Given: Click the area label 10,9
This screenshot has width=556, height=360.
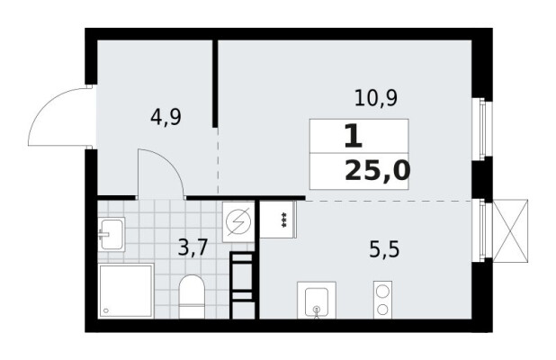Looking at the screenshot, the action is pos(376,98).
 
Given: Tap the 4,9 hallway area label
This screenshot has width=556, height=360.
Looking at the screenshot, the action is pos(166,117).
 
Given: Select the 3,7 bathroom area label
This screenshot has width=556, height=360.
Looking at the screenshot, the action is pos(193,247).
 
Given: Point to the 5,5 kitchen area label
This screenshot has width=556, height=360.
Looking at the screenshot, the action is pos(384,249).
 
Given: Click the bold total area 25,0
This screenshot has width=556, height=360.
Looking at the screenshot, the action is pos(378,171).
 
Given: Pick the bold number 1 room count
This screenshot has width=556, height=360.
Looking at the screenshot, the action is pos(354,137).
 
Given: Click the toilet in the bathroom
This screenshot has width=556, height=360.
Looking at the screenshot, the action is pos(192,296).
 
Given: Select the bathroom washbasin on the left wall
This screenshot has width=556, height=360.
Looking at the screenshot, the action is pos(112,234).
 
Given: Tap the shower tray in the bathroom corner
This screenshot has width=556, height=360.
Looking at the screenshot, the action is pos(126,291).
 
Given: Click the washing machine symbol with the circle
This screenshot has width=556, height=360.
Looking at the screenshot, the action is pos(238,222).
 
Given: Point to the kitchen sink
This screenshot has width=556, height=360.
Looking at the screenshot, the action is pos(317,300).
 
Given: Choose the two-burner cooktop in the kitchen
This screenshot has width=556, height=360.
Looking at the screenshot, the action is pos(382,300).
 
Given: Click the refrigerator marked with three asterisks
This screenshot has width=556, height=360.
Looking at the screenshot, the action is pos(278,220).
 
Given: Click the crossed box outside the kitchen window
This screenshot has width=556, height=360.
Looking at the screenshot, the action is pos(511,231).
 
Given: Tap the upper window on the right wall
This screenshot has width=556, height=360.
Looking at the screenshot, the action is pos(482,129).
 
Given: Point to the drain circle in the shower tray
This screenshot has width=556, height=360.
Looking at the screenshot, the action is pos(105,310).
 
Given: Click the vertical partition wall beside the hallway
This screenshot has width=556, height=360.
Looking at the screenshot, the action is pos(215,84).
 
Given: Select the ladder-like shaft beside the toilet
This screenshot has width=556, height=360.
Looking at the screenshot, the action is pos(243,285).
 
